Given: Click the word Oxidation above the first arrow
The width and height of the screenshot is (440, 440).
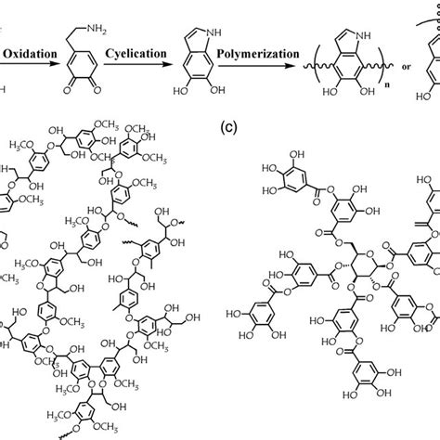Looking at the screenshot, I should (33, 55).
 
